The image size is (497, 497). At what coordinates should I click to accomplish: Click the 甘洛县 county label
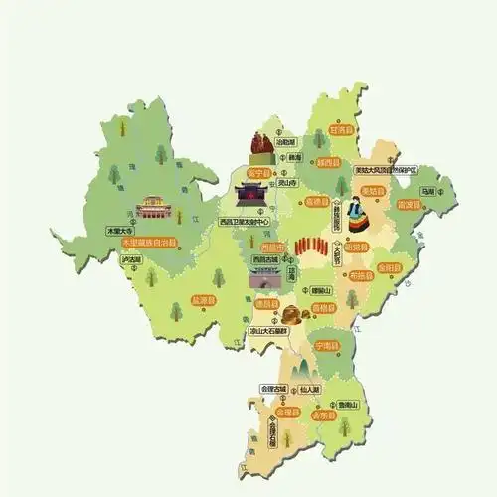tap(341, 129)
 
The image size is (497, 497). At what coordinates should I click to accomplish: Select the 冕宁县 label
tap(260, 170)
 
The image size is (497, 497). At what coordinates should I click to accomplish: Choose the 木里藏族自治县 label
tap(148, 242)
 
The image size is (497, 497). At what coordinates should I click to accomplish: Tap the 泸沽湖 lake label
tap(130, 261)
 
